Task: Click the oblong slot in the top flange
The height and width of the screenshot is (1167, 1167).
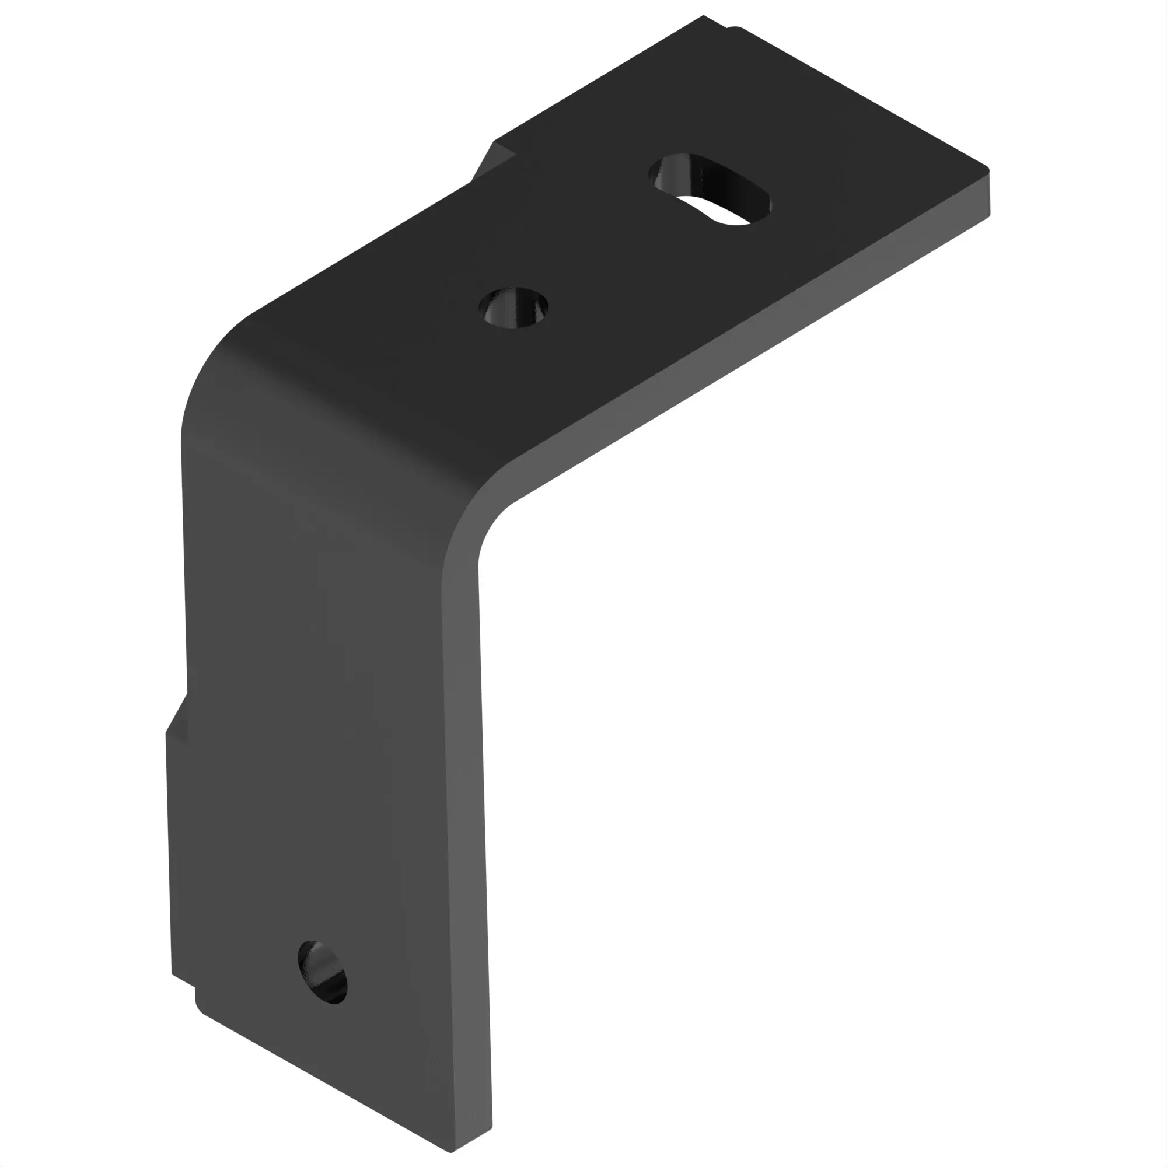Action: (710, 189)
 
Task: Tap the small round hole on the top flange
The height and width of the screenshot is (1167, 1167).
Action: (513, 308)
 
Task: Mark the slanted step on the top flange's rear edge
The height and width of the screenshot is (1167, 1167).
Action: (492, 160)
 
